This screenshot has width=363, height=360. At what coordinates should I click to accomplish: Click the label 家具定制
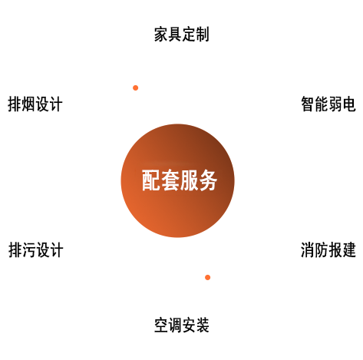point(182,35)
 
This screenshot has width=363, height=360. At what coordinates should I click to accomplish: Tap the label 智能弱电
point(328,104)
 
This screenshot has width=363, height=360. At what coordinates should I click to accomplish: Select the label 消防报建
point(328,249)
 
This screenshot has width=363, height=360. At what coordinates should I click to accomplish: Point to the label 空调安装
point(182,325)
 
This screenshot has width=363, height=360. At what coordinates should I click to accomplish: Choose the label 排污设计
point(36,249)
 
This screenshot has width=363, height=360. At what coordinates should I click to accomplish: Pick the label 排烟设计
point(35,104)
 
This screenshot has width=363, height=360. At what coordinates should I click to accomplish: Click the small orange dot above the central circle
point(136,88)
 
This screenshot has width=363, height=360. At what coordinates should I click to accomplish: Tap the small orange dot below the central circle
point(208,277)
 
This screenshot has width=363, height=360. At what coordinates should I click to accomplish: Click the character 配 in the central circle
point(151,180)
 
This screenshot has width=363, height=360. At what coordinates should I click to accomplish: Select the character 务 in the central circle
point(208,180)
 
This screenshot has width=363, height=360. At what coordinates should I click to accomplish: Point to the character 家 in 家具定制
point(161,35)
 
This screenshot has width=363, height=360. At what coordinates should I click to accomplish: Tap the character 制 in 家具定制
point(203,35)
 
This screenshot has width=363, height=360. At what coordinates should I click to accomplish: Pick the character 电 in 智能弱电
point(349,104)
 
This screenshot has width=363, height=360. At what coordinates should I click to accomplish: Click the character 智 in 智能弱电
point(308,104)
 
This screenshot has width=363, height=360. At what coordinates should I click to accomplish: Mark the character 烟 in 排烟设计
point(28,104)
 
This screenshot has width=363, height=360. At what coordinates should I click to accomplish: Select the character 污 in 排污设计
point(29,249)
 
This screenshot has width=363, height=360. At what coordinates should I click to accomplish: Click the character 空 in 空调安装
point(161,325)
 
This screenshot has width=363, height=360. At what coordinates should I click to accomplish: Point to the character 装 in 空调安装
point(203,325)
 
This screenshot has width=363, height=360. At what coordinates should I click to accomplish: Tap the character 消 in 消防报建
point(308,249)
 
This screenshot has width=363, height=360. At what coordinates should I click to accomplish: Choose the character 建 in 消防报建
point(349,249)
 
